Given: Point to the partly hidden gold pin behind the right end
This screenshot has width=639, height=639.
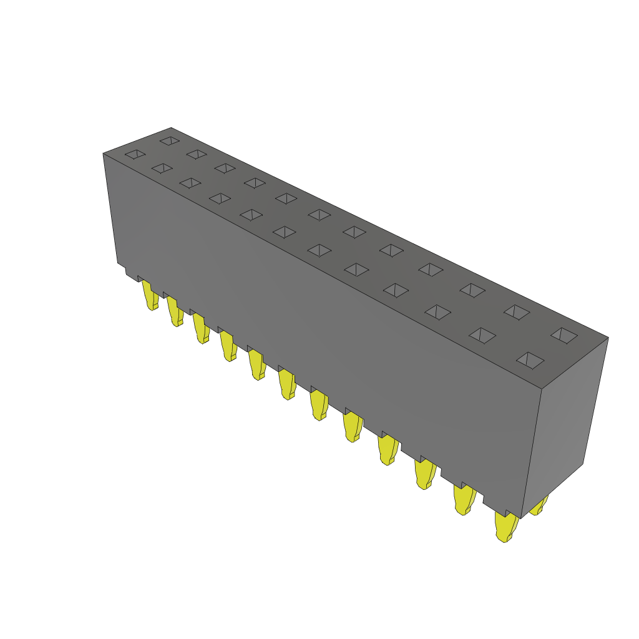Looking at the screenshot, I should [x=539, y=506].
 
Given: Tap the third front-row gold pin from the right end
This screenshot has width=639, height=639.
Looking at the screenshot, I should [x=424, y=474].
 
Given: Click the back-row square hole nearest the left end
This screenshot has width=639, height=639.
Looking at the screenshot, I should [x=169, y=140].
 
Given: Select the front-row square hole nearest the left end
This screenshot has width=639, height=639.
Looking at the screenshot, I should [x=135, y=154].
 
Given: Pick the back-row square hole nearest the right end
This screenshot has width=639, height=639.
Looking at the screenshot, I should [x=564, y=335].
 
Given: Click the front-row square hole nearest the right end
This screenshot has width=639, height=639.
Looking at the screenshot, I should [x=530, y=359].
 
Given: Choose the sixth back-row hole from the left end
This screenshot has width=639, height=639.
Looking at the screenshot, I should [x=319, y=215].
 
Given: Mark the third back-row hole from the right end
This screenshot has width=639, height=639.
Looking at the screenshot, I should [x=472, y=290].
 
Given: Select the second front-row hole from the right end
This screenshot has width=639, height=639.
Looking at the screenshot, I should [x=482, y=335].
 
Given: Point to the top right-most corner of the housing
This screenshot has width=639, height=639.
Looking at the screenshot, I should [x=608, y=338].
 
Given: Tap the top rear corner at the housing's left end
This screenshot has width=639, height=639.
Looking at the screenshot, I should [x=171, y=128].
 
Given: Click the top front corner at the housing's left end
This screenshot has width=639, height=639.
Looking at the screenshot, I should [x=103, y=154].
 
